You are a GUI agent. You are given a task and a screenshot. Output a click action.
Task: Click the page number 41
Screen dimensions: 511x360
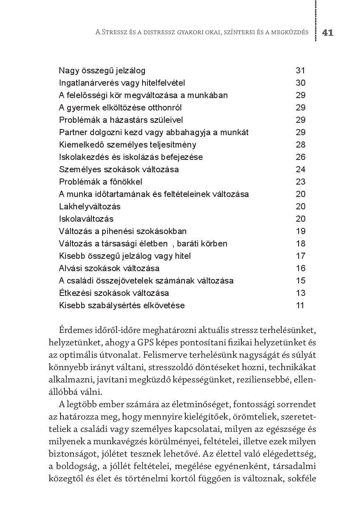click(327, 33)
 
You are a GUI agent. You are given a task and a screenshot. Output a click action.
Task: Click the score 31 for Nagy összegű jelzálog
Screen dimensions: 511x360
click(300, 70)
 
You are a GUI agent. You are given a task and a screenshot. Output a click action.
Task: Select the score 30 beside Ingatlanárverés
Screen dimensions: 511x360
click(300, 83)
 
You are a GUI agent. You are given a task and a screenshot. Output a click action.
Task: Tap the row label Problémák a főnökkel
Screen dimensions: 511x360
click(101, 182)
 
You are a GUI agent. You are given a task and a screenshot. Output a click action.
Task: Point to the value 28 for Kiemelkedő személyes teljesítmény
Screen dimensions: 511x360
click(300, 145)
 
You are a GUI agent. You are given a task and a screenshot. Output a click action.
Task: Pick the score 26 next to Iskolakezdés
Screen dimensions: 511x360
click(300, 157)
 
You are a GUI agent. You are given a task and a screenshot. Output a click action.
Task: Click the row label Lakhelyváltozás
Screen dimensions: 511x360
click(90, 206)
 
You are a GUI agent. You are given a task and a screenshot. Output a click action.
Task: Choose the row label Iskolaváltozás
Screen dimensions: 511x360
click(86, 219)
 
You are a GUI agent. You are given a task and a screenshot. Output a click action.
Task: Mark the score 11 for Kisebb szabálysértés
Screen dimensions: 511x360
click(300, 305)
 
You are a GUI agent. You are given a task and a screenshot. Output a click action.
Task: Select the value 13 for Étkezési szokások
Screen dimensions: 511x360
click(300, 293)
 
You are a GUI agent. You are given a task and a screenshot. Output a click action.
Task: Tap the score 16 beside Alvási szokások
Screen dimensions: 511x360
click(300, 268)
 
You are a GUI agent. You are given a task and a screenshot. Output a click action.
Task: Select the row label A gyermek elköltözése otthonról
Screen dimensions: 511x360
click(120, 108)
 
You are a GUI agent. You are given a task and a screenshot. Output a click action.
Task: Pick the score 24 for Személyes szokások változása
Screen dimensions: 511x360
click(300, 169)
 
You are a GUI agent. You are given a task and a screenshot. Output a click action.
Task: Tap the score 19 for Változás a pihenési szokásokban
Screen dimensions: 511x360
click(300, 231)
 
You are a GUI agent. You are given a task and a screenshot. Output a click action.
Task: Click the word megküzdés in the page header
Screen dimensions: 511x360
click(290, 33)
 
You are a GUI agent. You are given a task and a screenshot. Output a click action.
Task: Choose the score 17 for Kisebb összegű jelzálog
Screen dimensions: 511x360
click(300, 256)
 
